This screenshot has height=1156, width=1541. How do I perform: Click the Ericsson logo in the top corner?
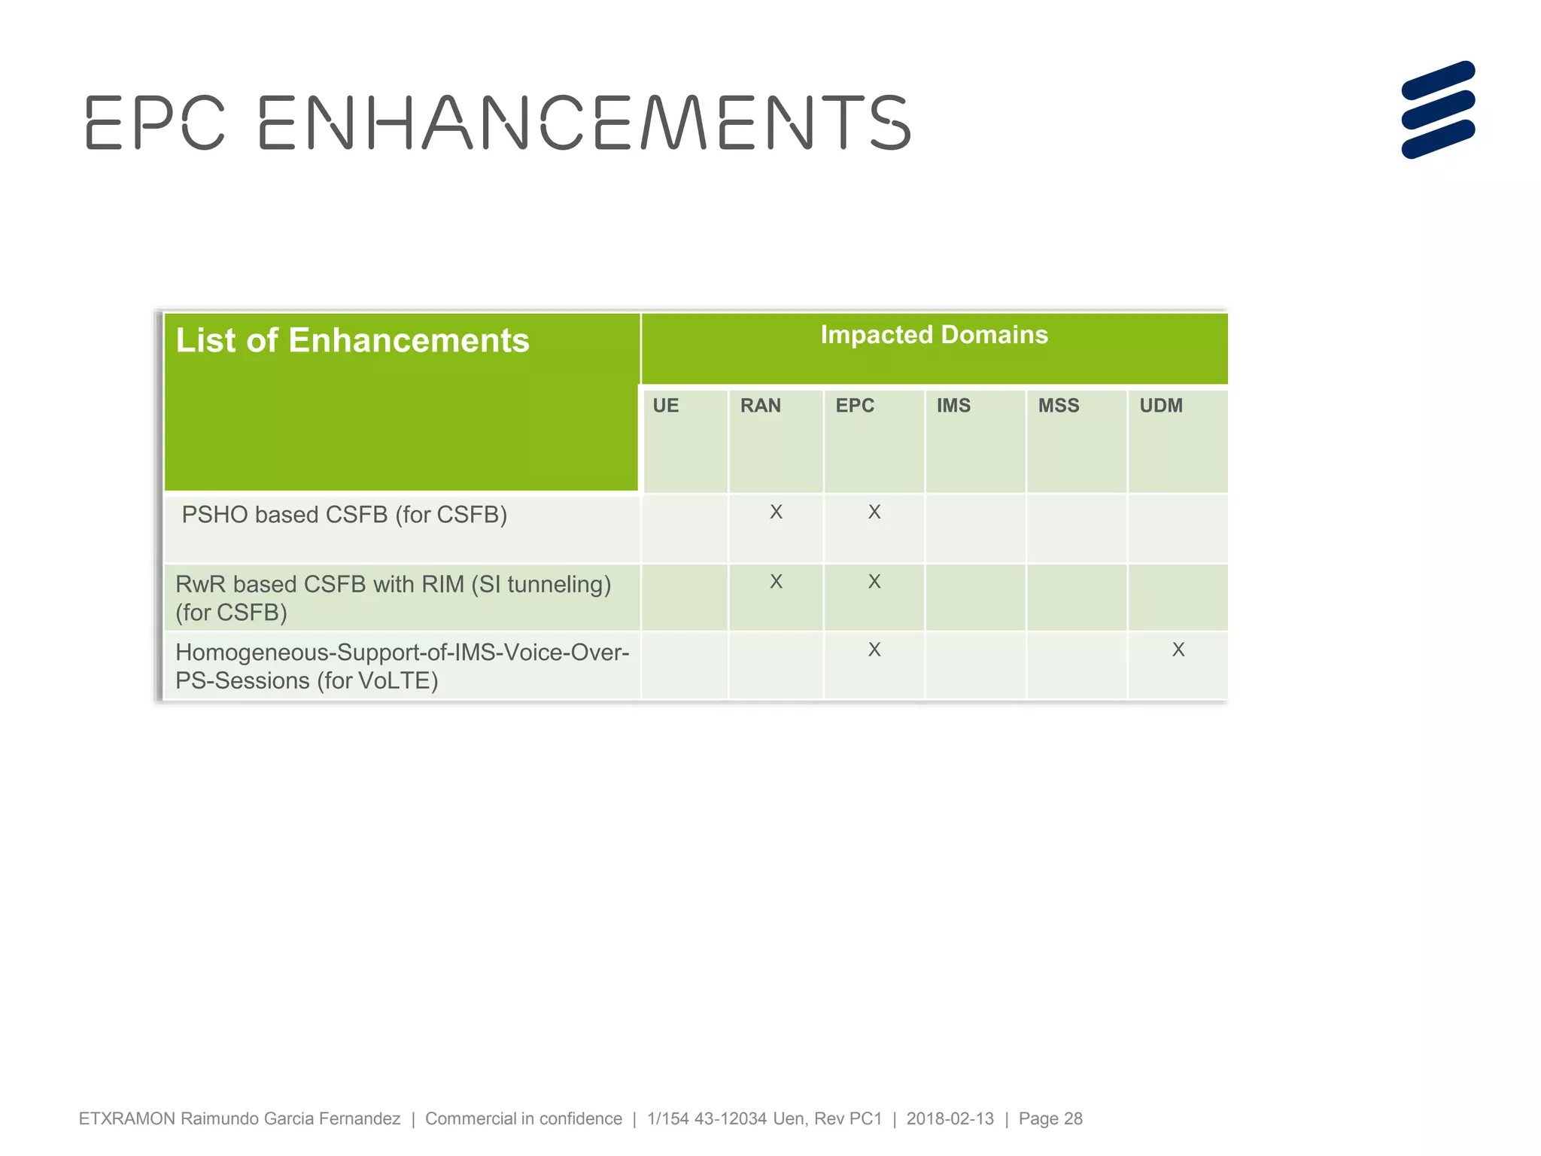point(1438,110)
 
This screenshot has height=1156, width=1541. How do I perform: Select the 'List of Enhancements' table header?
point(352,340)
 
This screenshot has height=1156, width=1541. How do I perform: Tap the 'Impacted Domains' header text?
point(934,335)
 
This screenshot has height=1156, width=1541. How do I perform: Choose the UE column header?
point(665,406)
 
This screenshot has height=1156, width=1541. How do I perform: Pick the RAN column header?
point(760,406)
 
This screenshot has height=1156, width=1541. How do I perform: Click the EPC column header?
point(855,406)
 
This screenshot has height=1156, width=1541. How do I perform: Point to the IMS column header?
point(953,406)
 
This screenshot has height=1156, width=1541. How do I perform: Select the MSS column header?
point(1059,406)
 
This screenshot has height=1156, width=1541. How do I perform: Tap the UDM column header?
point(1161,406)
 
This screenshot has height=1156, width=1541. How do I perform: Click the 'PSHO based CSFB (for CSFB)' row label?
point(345,515)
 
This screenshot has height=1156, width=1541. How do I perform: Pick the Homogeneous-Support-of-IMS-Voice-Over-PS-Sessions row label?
point(402,665)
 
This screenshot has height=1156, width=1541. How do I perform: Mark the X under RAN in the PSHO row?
point(776,513)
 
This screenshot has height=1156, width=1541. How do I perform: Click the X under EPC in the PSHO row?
point(874,513)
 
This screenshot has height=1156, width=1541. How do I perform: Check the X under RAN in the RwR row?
point(776,582)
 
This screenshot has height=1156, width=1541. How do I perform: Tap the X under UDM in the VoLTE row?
point(1178,649)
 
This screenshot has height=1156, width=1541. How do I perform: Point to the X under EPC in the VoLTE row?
point(874,649)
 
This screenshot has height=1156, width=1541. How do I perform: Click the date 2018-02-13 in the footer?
point(950,1118)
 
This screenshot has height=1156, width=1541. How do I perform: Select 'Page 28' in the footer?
point(1050,1118)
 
